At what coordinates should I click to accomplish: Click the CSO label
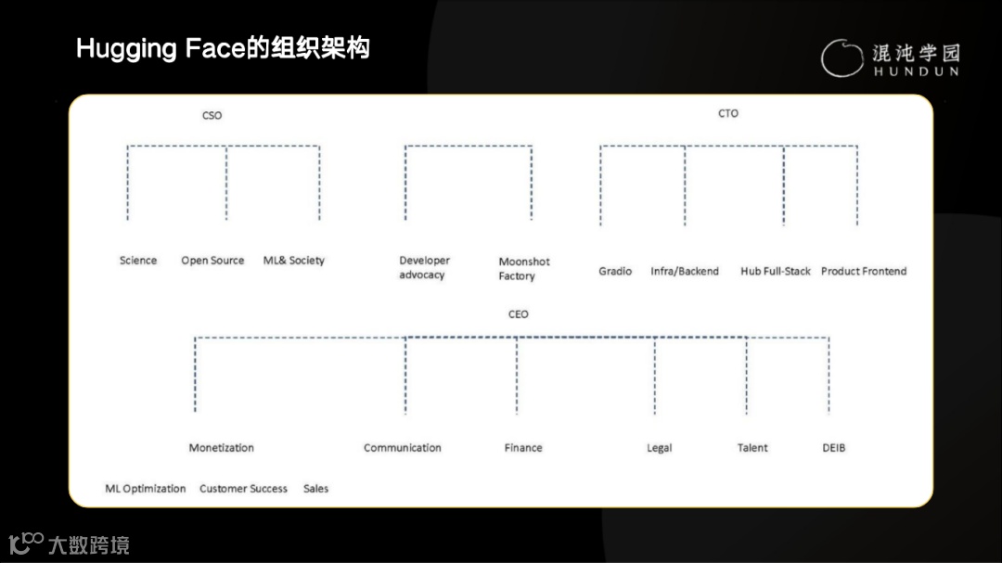coord(212,116)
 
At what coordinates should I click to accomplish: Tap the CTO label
coord(728,113)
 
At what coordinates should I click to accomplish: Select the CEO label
coord(518,314)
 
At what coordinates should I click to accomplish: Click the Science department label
coord(138,261)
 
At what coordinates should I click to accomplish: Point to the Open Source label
coord(212,261)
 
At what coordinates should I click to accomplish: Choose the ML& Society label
coord(294,261)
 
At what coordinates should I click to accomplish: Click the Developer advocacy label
coord(424,268)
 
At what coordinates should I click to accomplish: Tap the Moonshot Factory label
coord(524,269)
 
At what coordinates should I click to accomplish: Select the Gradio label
coord(615,271)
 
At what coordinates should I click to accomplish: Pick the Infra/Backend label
coord(685,271)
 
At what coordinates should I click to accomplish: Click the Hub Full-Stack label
coord(775,271)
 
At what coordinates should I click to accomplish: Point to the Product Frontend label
coord(864,271)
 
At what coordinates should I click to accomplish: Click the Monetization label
coord(221,448)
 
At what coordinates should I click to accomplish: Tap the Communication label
coord(403,448)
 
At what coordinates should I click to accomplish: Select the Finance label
coord(523,448)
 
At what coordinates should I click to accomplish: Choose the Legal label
coord(659,448)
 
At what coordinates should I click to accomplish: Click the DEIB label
coord(834,448)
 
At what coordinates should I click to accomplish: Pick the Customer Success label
coord(243,489)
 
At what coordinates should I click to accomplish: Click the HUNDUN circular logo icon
coord(841,58)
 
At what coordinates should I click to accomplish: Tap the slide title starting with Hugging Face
coord(223,48)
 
